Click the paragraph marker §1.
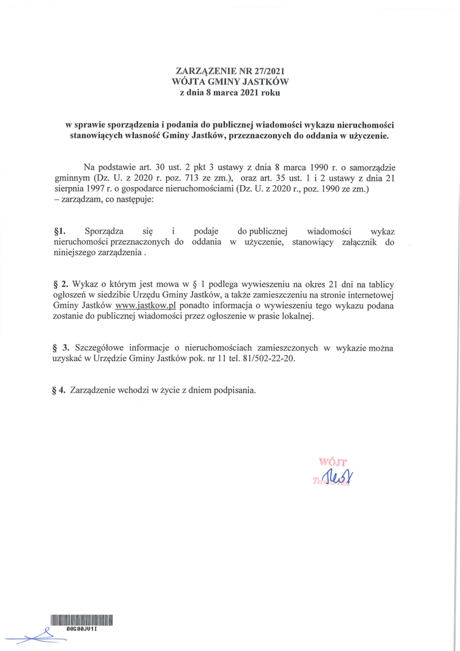57,231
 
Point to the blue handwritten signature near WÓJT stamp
337,474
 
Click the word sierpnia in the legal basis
68,189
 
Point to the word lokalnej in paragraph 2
297,316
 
